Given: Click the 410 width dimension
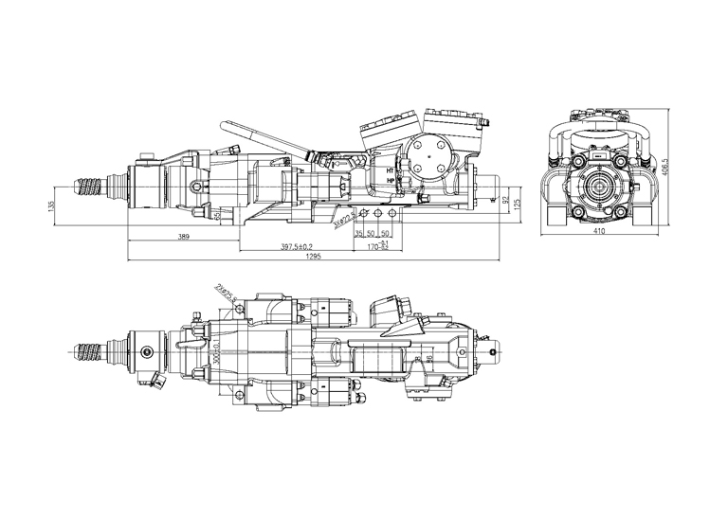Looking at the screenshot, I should click(599, 230).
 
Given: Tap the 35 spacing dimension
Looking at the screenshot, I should click(359, 233).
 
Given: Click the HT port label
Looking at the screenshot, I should click(391, 170).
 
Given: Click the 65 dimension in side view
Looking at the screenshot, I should click(218, 216).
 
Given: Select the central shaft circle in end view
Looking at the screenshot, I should click(598, 187).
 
